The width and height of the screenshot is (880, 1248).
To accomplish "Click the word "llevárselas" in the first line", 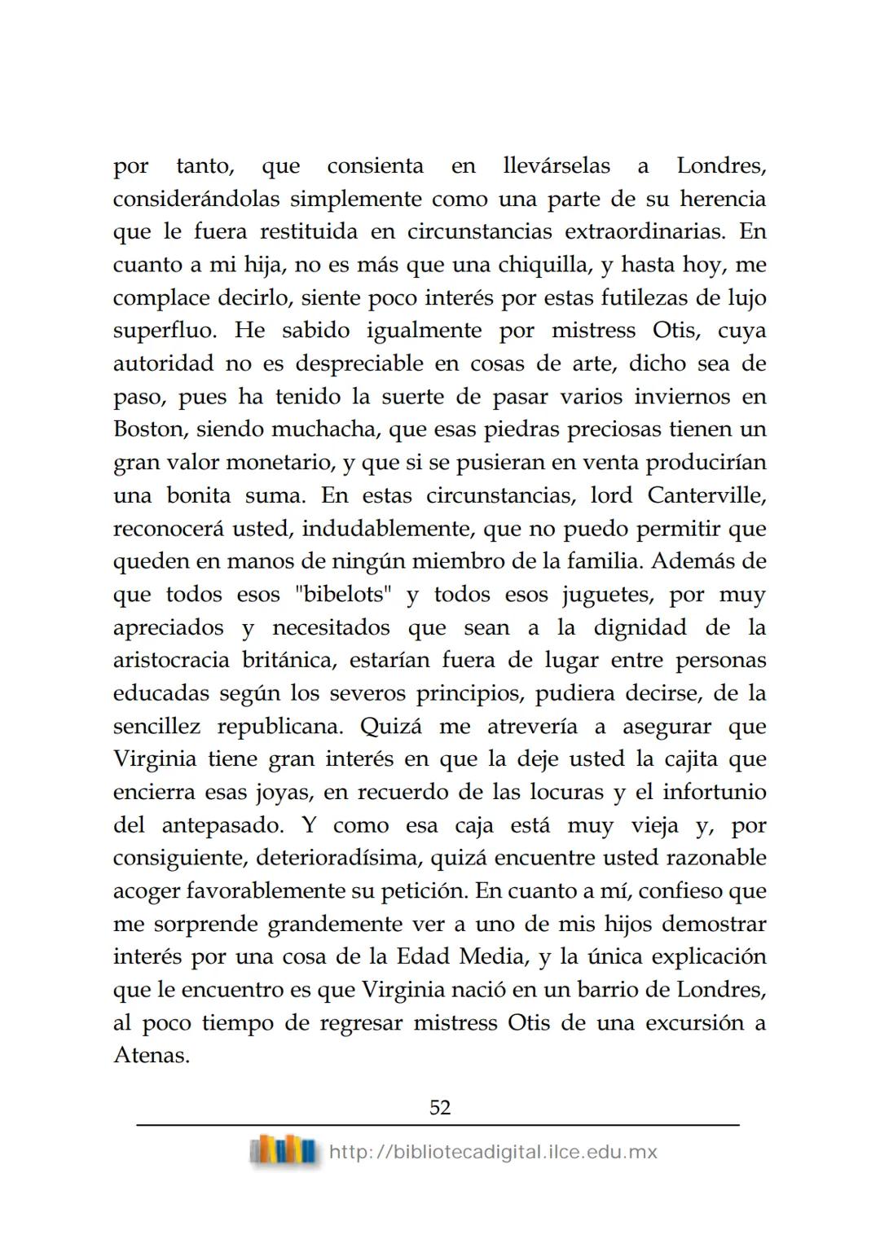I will tap(557, 166).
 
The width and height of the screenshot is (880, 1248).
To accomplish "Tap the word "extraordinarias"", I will tap(644, 232).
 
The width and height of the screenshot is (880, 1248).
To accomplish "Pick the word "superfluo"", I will tap(166, 332).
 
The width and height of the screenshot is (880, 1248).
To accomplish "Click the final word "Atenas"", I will tap(151, 1056).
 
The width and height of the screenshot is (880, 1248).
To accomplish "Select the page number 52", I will tap(439, 1107).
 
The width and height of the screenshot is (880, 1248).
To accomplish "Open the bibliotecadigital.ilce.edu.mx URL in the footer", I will tap(492, 1152).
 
